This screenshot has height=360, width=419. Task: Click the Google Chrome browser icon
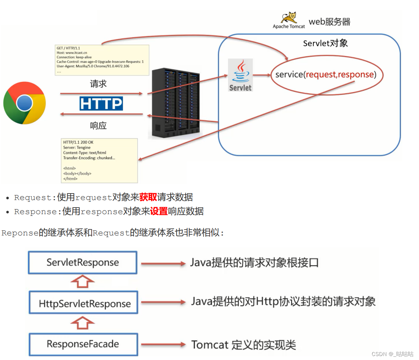tap(25, 103)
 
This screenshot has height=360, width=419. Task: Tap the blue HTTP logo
tap(101, 103)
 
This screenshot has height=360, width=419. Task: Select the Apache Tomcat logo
tap(289, 20)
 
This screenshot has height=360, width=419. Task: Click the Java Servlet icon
tap(240, 75)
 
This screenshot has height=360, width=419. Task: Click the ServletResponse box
tap(83, 263)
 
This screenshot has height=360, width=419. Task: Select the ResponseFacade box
tap(83, 344)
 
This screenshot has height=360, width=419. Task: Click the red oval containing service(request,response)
tap(327, 75)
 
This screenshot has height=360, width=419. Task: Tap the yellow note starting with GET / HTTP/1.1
tap(102, 60)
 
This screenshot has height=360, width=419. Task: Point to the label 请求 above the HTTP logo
tap(98, 84)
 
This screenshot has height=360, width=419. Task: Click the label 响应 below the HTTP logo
tap(98, 126)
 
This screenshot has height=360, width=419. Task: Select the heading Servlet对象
tap(325, 43)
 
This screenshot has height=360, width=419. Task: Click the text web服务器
tap(329, 22)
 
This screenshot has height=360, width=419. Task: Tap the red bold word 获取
tap(148, 197)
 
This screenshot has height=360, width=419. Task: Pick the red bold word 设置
tap(159, 211)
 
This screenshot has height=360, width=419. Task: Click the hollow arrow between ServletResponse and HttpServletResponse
tap(83, 282)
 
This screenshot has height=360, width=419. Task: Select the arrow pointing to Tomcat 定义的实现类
tap(163, 344)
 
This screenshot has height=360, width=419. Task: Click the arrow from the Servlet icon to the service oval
tap(262, 75)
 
